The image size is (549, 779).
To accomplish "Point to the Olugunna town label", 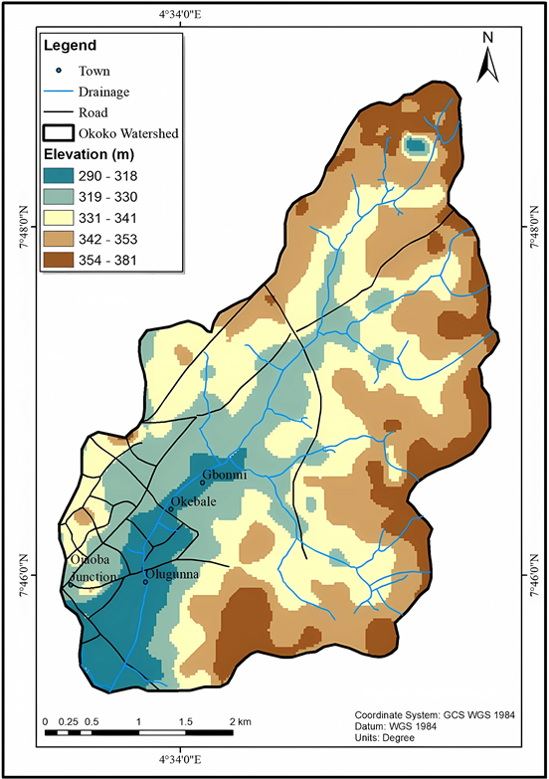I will [174, 574].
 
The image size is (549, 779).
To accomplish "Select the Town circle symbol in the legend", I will [59, 71].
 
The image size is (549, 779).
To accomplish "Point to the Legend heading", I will [69, 46].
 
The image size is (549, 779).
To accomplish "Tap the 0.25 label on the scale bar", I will [69, 720].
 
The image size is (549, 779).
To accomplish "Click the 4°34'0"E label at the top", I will [180, 14].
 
